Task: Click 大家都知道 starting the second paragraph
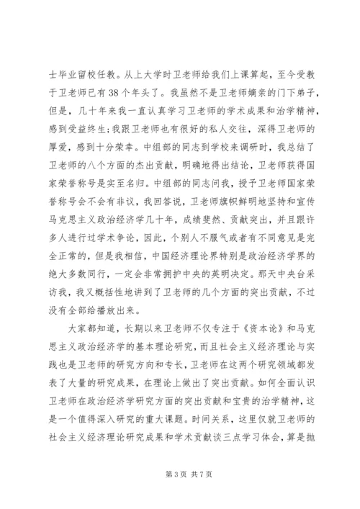pyautogui.click(x=91, y=308)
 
